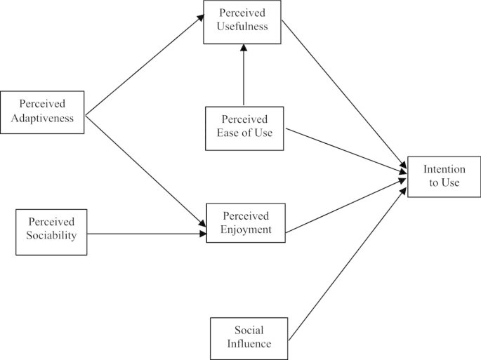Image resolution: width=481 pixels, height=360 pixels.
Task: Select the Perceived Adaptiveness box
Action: [42, 112]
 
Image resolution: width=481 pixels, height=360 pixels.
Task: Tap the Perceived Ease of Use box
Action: [244, 128]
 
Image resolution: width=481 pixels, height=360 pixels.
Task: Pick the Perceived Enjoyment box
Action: [246, 222]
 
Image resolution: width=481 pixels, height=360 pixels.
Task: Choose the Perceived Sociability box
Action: [51, 232]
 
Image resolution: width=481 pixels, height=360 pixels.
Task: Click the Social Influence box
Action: [249, 337]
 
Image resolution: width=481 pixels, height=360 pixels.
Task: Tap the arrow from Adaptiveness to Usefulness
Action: [143, 66]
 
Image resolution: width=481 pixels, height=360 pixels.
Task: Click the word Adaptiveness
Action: [42, 118]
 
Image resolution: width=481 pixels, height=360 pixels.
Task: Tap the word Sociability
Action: [51, 238]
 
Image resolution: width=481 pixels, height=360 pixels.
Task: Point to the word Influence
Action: [249, 343]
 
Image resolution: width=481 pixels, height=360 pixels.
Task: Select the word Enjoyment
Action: [246, 229]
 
